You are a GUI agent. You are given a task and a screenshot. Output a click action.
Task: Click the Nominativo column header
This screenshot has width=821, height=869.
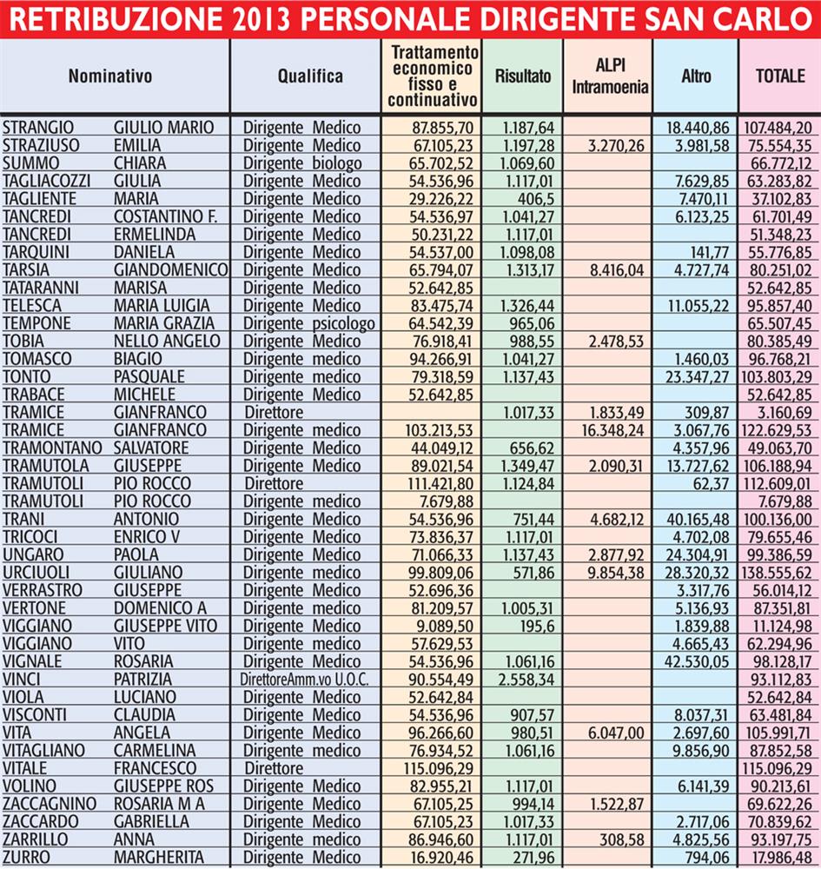tap(110, 76)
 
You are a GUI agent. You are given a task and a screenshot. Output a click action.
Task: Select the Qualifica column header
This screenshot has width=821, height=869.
tap(310, 76)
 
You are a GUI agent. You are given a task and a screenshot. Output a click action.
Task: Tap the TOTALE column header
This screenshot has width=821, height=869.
tap(779, 76)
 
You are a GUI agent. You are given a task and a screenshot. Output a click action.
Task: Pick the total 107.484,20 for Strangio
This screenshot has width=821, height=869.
tap(778, 128)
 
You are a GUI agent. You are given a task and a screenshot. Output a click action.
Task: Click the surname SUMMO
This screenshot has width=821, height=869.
tap(27, 163)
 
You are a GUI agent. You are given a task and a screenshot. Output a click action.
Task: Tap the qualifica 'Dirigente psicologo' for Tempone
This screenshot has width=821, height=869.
tap(308, 323)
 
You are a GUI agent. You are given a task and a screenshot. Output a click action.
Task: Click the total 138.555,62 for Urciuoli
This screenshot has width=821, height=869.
tap(778, 573)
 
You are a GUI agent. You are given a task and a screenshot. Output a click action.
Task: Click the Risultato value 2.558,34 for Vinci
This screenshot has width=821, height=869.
tap(524, 680)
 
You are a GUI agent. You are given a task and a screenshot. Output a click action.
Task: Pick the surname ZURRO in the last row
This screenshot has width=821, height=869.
tap(28, 857)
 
